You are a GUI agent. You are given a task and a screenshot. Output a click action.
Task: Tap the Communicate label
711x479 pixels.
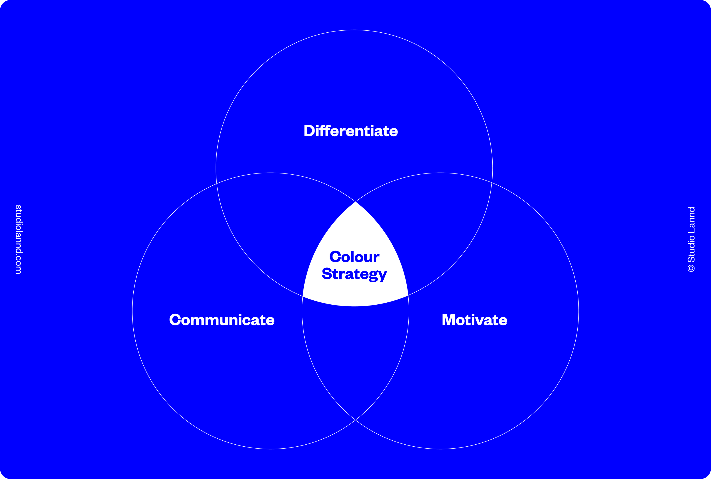[222, 320]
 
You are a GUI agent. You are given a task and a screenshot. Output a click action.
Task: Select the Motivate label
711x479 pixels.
[474, 320]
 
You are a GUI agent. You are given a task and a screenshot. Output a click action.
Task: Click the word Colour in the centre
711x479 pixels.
[354, 257]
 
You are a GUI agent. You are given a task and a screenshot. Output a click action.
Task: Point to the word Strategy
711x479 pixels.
[354, 274]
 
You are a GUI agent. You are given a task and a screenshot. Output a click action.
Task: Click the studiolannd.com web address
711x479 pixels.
[18, 239]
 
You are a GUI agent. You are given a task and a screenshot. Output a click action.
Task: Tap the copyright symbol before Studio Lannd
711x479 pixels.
[691, 268]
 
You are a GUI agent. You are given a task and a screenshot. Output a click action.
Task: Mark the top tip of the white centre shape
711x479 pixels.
[355, 203]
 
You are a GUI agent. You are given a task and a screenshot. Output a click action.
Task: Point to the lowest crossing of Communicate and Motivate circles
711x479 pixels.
[355, 420]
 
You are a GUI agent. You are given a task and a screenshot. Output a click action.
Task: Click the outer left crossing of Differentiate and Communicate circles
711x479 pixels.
[217, 184]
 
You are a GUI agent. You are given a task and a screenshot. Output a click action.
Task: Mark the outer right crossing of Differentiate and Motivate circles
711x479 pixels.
[492, 182]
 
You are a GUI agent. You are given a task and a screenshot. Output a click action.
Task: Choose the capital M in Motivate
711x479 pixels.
[449, 320]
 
